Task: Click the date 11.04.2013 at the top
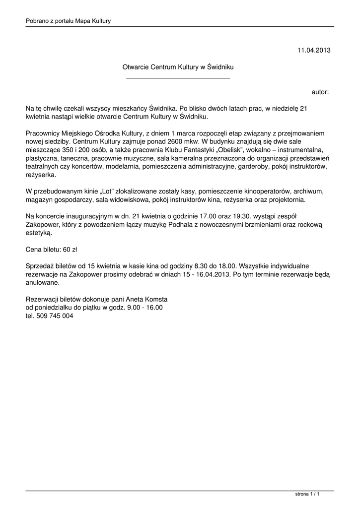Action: [314, 50]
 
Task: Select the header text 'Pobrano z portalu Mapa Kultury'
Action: [68, 21]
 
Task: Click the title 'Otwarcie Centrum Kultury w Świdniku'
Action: [178, 66]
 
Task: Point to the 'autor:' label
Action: [320, 92]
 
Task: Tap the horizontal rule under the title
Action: [178, 78]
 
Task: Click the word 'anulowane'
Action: [43, 283]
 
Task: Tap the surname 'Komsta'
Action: [154, 299]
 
